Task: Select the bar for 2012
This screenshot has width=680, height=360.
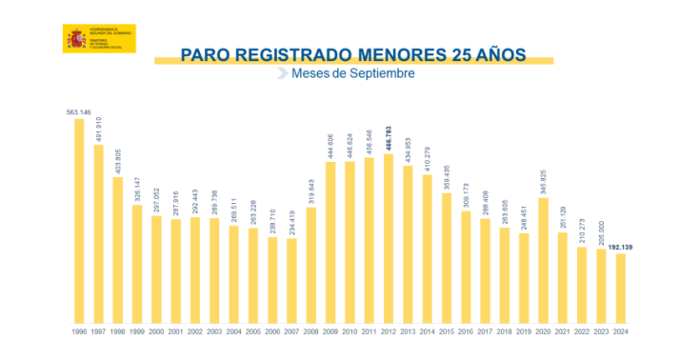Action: click(388, 239)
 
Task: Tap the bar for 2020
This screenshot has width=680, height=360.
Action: click(543, 260)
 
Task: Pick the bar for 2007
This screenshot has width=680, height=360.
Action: click(291, 281)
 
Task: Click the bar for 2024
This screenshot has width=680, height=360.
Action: click(620, 289)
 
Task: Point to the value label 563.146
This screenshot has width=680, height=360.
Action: click(79, 112)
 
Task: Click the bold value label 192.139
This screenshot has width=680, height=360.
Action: click(620, 248)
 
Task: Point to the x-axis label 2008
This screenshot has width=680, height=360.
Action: click(310, 331)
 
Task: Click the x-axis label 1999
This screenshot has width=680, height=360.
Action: click(137, 331)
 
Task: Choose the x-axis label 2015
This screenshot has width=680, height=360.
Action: click(446, 331)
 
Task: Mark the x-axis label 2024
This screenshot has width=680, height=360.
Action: click(620, 331)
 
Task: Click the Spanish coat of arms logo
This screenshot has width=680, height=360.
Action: click(75, 40)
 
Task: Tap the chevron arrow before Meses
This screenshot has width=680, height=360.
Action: click(282, 73)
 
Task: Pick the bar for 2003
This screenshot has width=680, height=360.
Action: click(214, 272)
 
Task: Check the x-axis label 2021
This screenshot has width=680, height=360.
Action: click(562, 331)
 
